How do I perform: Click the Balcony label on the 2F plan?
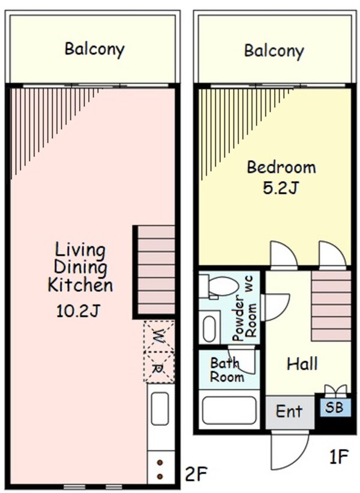(94, 49)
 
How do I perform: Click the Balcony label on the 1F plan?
(274, 50)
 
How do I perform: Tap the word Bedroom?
(281, 167)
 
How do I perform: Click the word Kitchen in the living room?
(80, 285)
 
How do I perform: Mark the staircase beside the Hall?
(331, 306)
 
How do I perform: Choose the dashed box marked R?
(159, 367)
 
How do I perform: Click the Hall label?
(302, 364)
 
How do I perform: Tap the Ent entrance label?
(289, 412)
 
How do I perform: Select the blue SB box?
(334, 407)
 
